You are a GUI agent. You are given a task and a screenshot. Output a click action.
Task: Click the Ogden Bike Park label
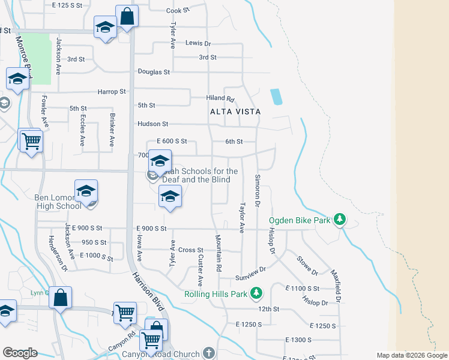click(x=300, y=220)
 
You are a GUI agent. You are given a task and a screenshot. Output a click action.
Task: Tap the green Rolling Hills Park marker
click(x=257, y=293)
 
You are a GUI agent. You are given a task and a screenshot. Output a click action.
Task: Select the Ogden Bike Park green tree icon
click(x=340, y=220)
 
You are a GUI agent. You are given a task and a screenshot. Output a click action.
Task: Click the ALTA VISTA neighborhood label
click(x=235, y=112)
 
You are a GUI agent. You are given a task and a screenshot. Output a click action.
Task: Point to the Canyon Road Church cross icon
click(x=208, y=353)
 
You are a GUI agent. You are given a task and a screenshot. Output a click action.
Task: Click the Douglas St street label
click(x=154, y=71)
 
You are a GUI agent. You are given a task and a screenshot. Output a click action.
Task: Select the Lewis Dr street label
click(x=198, y=43)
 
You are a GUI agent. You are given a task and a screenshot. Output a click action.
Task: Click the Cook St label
click(x=178, y=10)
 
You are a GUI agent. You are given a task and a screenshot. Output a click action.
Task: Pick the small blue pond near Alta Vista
click(x=276, y=97)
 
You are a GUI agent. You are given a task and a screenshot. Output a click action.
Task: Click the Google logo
click(x=20, y=353)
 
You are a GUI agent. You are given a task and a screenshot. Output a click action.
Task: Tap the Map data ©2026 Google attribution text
click(x=412, y=355)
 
